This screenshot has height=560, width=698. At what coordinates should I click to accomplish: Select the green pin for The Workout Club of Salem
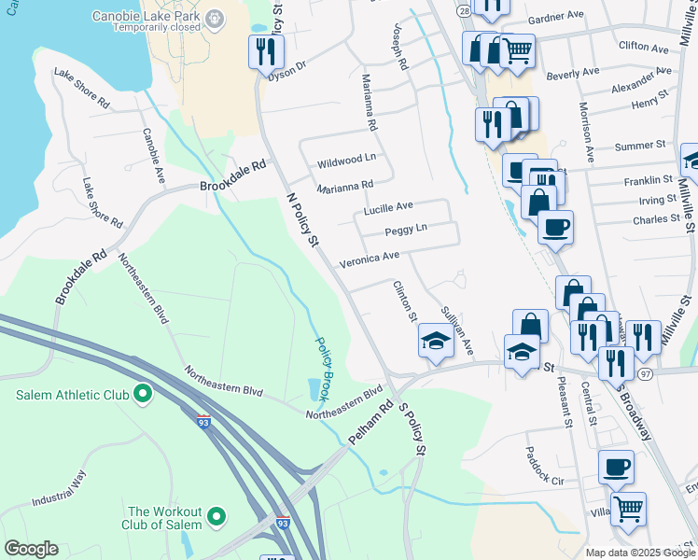216,515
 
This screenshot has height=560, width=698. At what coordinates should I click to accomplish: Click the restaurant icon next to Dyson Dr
263,51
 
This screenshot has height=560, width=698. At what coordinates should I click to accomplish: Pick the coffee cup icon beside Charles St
555,228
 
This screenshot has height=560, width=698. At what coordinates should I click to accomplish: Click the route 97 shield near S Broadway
646,373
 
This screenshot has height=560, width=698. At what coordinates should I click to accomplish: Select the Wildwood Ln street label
346,160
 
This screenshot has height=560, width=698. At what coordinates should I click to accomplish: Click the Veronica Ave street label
369,257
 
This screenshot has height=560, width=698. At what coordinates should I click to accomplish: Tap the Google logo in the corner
31,549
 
